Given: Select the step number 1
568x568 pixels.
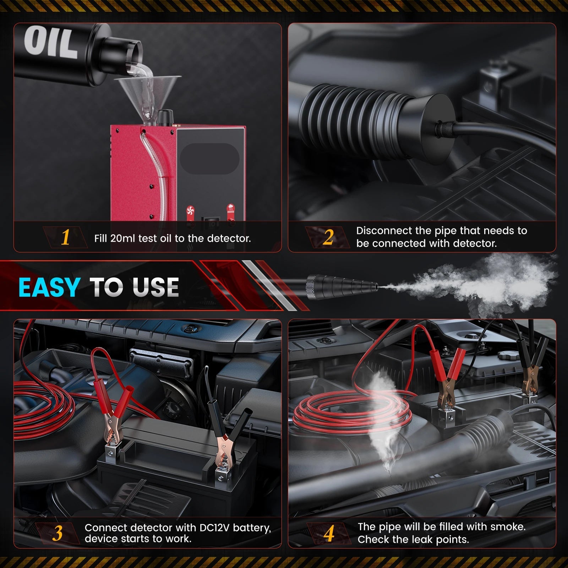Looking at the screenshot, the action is point(65,237).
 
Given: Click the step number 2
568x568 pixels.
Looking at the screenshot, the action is point(328,237).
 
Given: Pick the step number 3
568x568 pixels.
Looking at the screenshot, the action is point(58,533).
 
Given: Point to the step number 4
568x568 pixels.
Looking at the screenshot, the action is point(329,533).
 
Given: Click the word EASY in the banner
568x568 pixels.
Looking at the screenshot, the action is point(49,287).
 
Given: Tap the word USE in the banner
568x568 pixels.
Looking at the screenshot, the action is point(155,287).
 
